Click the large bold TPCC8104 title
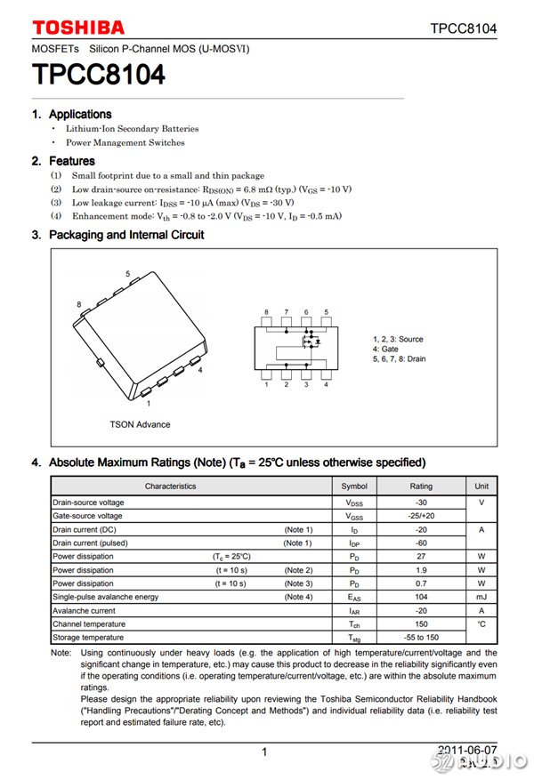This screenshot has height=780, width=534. pyautogui.click(x=99, y=76)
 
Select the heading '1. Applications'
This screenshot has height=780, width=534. pyautogui.click(x=72, y=114)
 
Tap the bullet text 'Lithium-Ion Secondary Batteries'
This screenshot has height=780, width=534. pyautogui.click(x=132, y=129)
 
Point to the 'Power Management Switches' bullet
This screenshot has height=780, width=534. pyautogui.click(x=125, y=142)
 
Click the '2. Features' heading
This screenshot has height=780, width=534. pyautogui.click(x=63, y=161)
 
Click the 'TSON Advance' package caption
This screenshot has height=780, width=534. pyautogui.click(x=140, y=424)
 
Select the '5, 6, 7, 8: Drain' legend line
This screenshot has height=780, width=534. pyautogui.click(x=399, y=359)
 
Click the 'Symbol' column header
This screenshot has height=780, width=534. pyautogui.click(x=354, y=486)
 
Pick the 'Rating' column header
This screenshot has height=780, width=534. pyautogui.click(x=421, y=486)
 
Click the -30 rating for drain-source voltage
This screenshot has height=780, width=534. pyautogui.click(x=421, y=503)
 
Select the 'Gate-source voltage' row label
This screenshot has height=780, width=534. pyautogui.click(x=87, y=516)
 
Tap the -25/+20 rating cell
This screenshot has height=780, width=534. pyautogui.click(x=421, y=516)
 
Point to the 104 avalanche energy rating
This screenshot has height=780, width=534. pyautogui.click(x=421, y=597)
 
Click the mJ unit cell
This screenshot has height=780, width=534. pyautogui.click(x=481, y=597)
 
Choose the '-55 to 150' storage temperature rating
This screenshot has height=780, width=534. pyautogui.click(x=421, y=638)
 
